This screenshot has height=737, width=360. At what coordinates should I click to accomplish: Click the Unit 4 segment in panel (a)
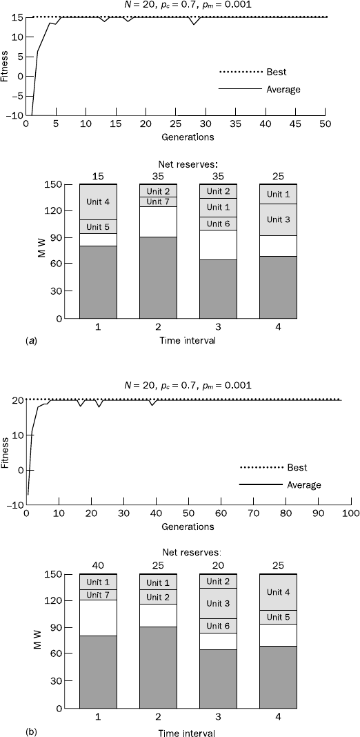(98, 202)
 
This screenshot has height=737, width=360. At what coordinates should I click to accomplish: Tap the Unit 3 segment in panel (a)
(278, 219)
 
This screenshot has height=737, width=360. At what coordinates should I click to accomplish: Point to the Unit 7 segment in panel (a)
(158, 202)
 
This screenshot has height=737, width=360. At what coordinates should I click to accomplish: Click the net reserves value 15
(98, 177)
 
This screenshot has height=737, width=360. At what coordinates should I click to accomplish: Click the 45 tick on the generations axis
(296, 124)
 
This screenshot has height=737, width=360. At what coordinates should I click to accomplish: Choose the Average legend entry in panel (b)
(280, 484)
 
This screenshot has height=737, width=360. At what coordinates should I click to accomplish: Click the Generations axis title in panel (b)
(188, 527)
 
